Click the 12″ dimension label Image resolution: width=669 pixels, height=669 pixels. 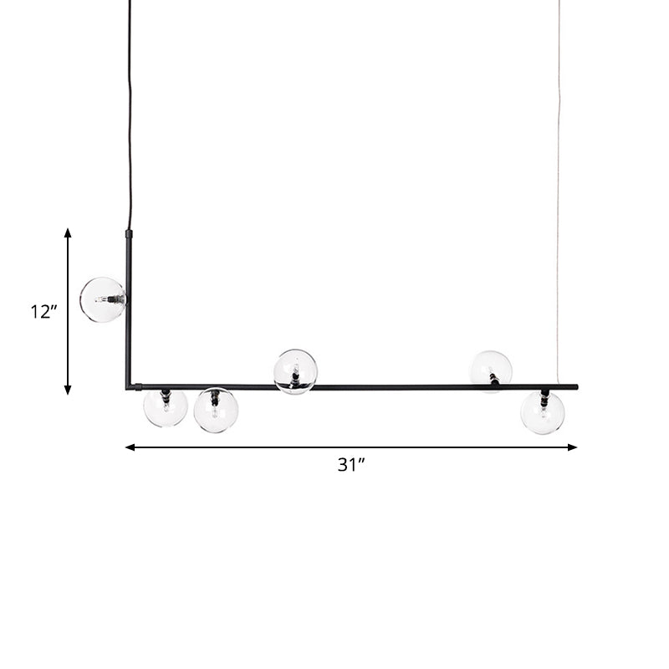43,312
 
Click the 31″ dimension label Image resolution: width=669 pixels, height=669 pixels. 351,465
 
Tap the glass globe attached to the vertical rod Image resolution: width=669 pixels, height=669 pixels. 102,299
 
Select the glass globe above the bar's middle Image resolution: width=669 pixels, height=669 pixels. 295,371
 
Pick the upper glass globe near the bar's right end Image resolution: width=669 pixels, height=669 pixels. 491,370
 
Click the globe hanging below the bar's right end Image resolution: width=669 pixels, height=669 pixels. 543,412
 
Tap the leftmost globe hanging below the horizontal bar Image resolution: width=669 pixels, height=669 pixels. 166,407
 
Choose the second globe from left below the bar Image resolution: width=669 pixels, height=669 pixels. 216,410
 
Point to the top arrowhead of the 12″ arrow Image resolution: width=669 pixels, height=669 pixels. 68,232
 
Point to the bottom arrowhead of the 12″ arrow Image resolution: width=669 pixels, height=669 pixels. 68,390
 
